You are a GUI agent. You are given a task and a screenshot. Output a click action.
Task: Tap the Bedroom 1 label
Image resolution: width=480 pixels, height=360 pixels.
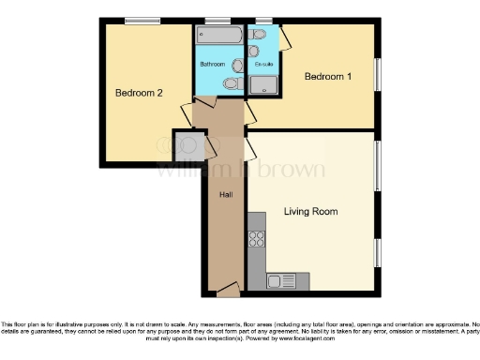pos(328,77)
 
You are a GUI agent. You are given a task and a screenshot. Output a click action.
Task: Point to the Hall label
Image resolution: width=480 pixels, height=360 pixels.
pos(226,194)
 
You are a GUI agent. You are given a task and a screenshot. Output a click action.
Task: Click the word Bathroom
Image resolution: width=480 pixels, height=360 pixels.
pos(212,64)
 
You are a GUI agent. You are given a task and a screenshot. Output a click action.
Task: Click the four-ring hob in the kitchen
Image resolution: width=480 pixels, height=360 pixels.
pos(256,239)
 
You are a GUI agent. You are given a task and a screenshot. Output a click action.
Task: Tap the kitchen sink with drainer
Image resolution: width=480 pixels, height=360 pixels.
pos(281,279)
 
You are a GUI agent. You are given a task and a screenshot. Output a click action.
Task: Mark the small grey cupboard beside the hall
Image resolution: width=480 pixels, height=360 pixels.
pos(185,142)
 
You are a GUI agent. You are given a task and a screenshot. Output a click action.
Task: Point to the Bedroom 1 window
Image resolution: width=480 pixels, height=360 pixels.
pos(379,76)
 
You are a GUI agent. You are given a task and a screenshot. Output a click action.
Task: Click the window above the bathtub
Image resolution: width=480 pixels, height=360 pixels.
pos(219,20)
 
